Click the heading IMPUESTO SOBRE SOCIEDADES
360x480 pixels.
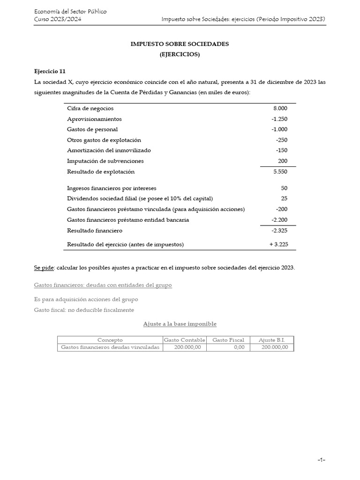pos(180,44)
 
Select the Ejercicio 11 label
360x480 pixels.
pos(50,71)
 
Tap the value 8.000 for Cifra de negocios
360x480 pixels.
pos(280,108)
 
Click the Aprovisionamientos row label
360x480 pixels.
pos(94,119)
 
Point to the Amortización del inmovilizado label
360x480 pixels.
pos(109,150)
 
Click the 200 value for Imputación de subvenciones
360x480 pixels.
pos(283,161)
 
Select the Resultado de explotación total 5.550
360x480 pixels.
pos(280,172)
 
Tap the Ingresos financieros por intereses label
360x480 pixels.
pos(112,188)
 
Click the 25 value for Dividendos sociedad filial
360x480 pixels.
pos(284,198)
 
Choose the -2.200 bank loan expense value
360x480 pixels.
pos(279,220)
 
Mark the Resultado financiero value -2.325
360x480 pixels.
pos(279,231)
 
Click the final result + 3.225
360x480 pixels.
pos(277,244)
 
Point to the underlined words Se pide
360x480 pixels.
pos(44,268)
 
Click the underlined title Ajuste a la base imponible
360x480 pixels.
pos(180,324)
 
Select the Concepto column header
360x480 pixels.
pos(110,340)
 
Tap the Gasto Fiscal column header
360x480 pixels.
pos(228,340)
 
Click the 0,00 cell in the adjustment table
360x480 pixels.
pos(238,347)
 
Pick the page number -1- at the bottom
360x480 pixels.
pos(321,460)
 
